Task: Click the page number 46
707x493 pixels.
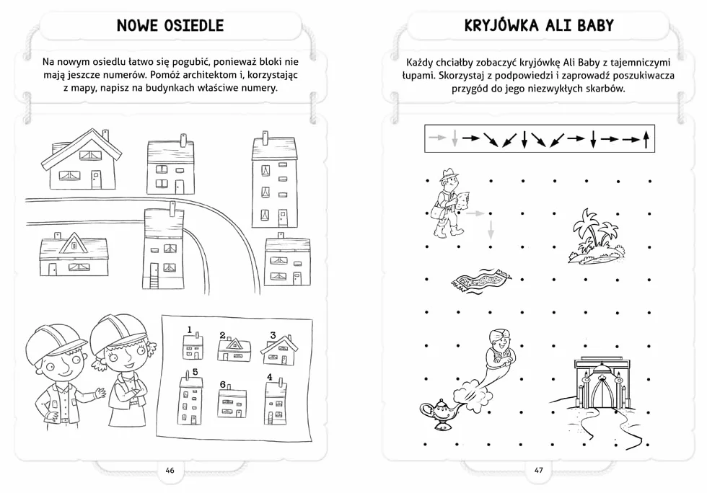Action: (170, 470)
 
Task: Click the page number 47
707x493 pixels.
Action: (538, 470)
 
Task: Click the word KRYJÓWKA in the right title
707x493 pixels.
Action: (501, 25)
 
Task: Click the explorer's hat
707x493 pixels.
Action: (449, 173)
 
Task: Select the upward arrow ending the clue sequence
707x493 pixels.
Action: (646, 139)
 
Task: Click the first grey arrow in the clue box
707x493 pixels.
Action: (437, 137)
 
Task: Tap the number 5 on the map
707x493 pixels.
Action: (195, 372)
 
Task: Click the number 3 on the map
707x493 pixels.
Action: (273, 335)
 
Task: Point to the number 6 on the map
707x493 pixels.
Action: (223, 384)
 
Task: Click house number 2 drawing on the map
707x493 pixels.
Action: (234, 350)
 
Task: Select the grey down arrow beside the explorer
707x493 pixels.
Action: (491, 229)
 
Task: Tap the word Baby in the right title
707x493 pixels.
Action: (595, 25)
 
